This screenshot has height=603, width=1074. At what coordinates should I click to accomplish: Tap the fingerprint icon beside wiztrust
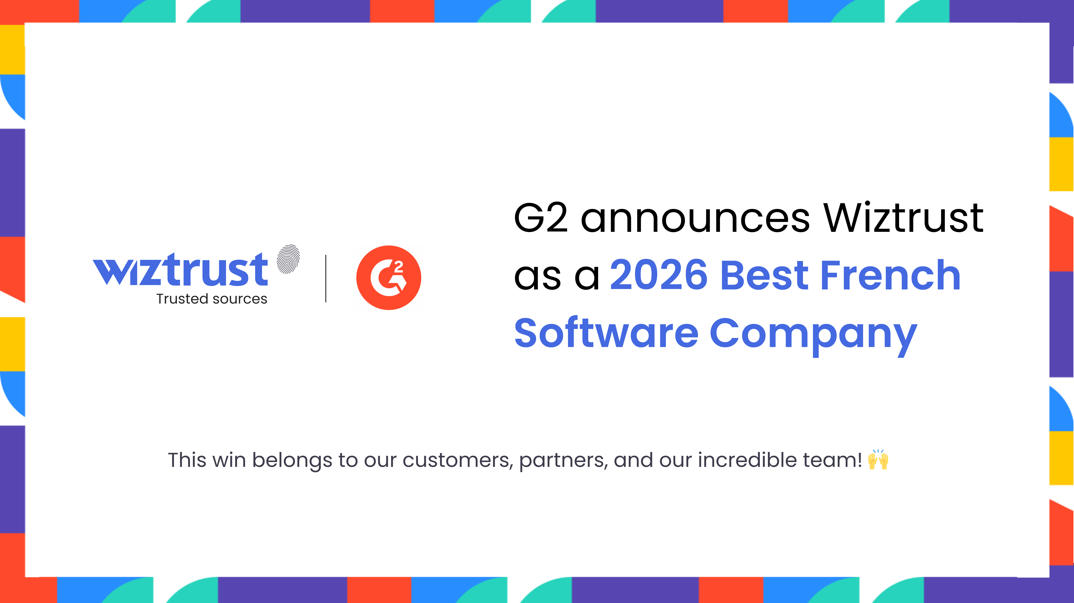click(288, 259)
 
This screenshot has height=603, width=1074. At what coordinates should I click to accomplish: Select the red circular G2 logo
click(389, 278)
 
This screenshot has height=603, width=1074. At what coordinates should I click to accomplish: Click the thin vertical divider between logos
click(326, 278)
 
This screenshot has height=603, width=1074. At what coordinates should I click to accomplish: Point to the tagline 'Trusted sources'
click(212, 299)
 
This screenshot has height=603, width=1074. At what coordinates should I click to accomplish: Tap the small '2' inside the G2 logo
click(399, 267)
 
